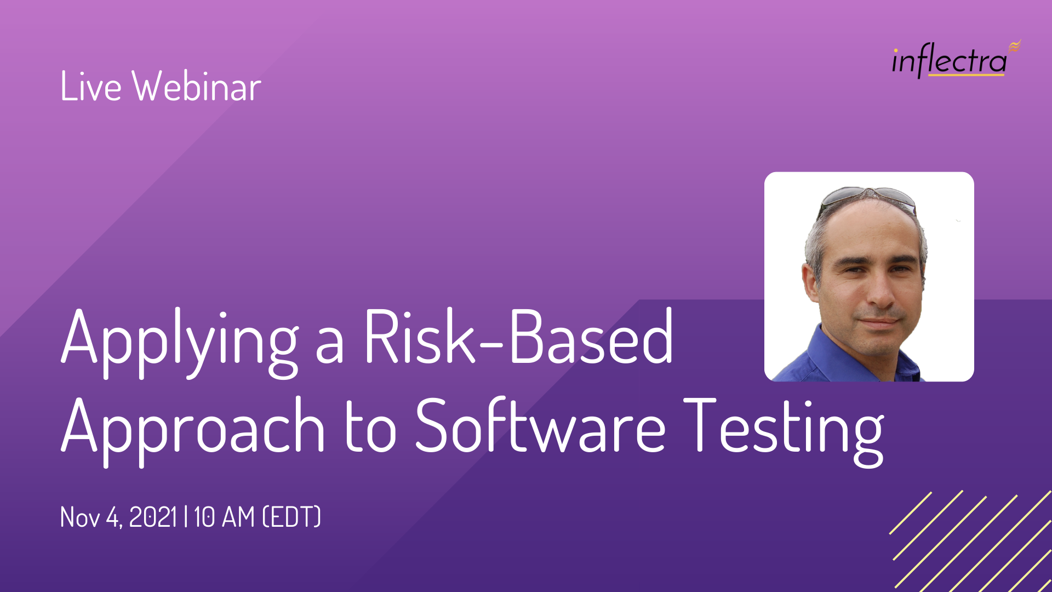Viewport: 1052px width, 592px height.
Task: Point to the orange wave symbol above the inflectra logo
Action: [x=1015, y=46]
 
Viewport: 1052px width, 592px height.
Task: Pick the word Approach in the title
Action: [x=193, y=431]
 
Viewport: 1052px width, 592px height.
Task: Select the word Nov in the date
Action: [x=80, y=517]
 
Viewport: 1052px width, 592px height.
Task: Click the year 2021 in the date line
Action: [x=153, y=517]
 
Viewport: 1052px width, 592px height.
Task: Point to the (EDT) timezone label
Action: [x=292, y=517]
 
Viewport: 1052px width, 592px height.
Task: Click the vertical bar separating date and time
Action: [x=186, y=517]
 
